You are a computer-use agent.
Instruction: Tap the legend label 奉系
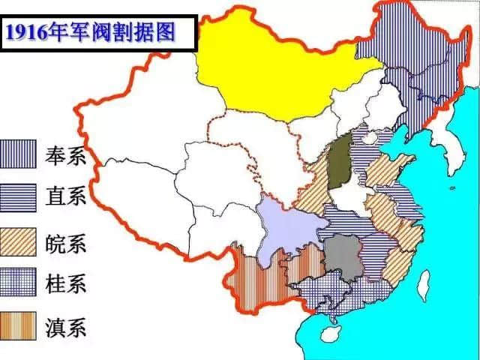[66, 156]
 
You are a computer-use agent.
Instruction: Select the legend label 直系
[66, 197]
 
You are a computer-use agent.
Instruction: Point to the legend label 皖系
[66, 242]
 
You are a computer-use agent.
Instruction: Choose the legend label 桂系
[66, 283]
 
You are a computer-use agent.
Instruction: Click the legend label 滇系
[66, 327]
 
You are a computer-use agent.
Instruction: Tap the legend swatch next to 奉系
[19, 154]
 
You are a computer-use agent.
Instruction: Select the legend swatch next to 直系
[19, 196]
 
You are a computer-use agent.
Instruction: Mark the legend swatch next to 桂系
[19, 283]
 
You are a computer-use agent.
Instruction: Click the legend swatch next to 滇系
[19, 326]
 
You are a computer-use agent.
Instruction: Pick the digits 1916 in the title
[26, 31]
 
